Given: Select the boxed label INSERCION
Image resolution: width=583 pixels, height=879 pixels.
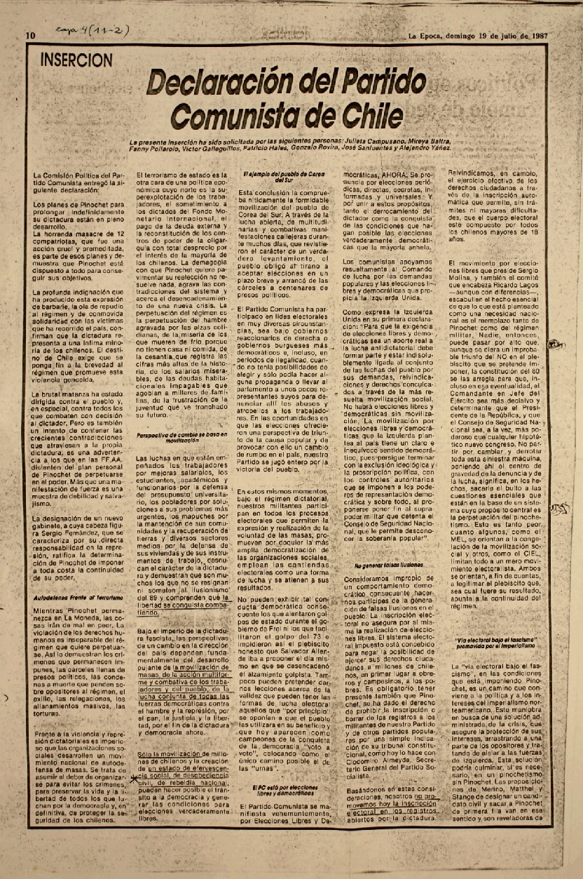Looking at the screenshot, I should tap(77, 60).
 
